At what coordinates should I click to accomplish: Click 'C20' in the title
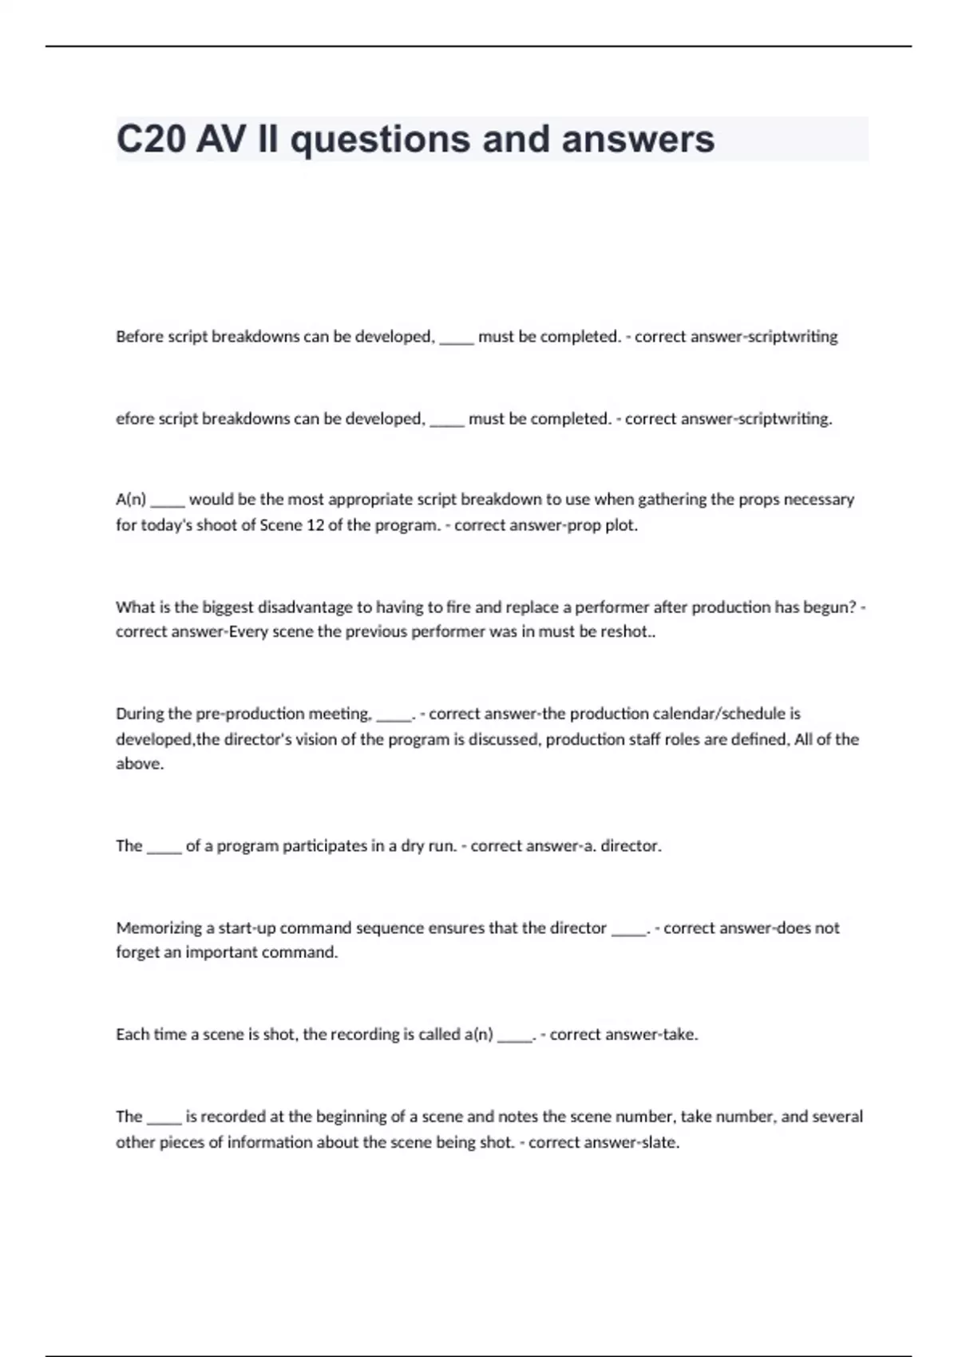151,140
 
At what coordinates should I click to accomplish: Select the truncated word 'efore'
134,419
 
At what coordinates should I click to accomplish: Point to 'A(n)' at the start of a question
131,500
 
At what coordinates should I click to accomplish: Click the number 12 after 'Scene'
315,525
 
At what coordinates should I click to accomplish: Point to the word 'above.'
140,764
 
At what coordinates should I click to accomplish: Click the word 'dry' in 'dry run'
412,846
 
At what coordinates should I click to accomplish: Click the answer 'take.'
680,1035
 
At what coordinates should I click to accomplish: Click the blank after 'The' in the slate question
164,1120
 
